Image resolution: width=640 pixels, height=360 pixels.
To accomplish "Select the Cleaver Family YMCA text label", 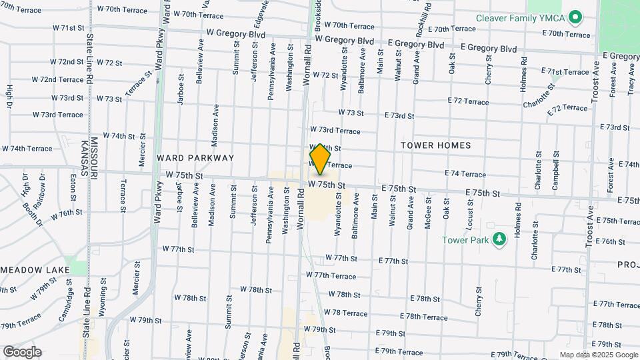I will [x=523, y=17].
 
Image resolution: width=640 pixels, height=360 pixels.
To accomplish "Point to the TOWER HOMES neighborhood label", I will [x=436, y=145].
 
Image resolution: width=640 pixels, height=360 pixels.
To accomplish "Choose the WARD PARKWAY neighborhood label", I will [x=195, y=158].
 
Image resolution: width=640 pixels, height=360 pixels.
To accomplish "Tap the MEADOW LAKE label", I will [x=31, y=269].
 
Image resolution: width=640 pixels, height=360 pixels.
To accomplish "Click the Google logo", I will [x=22, y=352].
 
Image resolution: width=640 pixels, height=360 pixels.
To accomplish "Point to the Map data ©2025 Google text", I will [x=599, y=355].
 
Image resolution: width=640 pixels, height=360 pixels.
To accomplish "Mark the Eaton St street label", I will [x=73, y=187].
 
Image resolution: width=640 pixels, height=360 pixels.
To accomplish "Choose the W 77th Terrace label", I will [x=335, y=275].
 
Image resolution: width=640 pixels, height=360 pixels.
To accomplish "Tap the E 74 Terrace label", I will [x=464, y=174].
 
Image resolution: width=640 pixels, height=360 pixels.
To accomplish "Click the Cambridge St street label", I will [x=65, y=301].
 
